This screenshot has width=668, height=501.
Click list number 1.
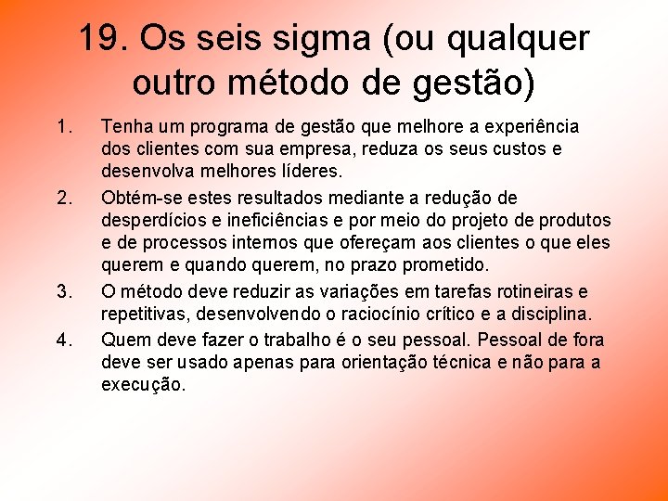62,126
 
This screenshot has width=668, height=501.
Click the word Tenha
125,126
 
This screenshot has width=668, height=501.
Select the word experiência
532,126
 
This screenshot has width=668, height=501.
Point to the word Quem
122,340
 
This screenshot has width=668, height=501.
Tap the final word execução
144,384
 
